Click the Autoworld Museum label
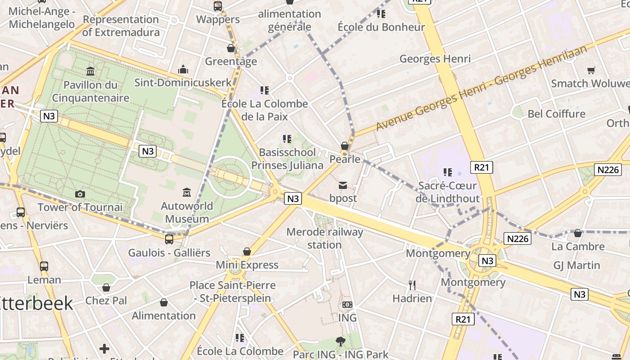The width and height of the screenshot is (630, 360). click(x=187, y=212)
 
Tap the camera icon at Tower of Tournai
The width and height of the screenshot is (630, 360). click(x=80, y=194)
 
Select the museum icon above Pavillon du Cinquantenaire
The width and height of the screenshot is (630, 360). click(x=90, y=71)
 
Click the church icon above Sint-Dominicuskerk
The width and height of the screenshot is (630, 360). click(x=183, y=69)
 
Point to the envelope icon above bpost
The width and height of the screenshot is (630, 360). click(x=343, y=185)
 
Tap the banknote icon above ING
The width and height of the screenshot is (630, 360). click(x=347, y=305)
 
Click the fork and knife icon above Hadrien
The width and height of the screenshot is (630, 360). click(x=412, y=285)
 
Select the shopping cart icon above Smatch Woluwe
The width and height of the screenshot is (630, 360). click(x=591, y=70)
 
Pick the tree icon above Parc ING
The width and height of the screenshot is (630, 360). click(x=340, y=341)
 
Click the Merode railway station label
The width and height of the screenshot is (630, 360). click(x=324, y=238)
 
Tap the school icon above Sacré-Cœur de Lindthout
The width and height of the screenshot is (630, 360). click(x=447, y=172)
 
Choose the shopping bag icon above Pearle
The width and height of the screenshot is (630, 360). click(x=345, y=146)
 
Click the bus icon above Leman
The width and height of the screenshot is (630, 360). click(x=44, y=266)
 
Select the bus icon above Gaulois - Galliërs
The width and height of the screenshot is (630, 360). click(x=169, y=239)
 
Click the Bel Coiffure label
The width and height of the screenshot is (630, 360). click(x=556, y=114)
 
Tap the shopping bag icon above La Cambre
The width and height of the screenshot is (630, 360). click(x=578, y=233)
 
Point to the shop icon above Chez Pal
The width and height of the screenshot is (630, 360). click(x=106, y=287)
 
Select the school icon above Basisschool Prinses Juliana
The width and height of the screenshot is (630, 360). click(x=287, y=139)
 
